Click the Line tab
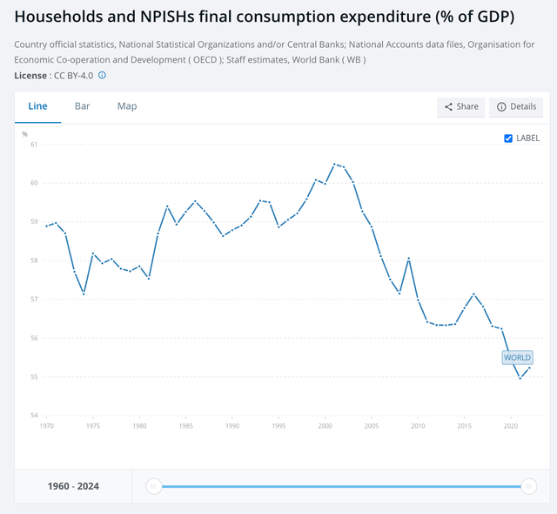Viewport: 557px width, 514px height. click(x=37, y=106)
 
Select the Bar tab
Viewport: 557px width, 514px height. click(x=82, y=106)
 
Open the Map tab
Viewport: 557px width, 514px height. click(x=127, y=106)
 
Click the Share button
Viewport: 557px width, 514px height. click(x=460, y=107)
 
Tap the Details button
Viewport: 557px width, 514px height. click(x=516, y=107)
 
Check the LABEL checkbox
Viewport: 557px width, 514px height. click(x=509, y=138)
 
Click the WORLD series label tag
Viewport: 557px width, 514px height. click(x=517, y=357)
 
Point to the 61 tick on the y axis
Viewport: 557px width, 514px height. click(x=35, y=144)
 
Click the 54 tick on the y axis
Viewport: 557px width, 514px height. click(x=35, y=416)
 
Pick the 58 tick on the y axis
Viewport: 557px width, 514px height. click(x=35, y=260)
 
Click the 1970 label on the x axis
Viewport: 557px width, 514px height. click(x=46, y=426)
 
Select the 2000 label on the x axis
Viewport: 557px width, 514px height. click(x=325, y=426)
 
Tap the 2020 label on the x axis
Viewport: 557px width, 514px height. click(x=511, y=426)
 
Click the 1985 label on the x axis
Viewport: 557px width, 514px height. click(x=185, y=426)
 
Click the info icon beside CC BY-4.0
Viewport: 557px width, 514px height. click(x=102, y=76)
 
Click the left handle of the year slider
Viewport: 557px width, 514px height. click(x=154, y=486)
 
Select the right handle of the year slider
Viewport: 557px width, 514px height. click(x=527, y=486)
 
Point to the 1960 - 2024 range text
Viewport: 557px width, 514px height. click(x=73, y=486)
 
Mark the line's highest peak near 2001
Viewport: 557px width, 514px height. click(x=334, y=164)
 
